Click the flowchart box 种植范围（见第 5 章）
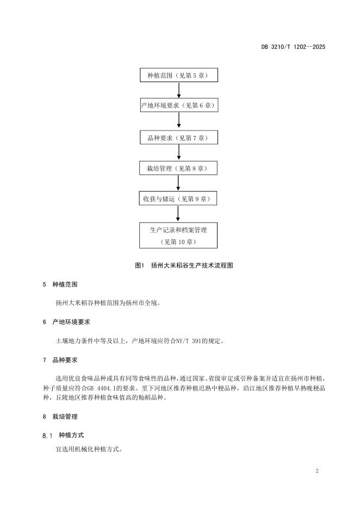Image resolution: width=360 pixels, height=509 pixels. tap(179, 75)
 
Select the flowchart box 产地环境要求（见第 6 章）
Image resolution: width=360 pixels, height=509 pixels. tap(179, 105)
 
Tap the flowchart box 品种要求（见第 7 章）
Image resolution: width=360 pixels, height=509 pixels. tap(179, 138)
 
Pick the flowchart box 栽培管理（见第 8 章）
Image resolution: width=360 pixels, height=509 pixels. tap(178, 168)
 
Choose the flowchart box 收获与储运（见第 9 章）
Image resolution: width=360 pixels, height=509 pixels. tap(178, 198)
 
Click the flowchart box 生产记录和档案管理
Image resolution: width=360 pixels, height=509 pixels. tap(178, 235)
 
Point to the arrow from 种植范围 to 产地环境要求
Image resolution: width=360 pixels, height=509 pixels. tap(179, 90)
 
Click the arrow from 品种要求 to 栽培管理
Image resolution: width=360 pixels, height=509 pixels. tap(179, 153)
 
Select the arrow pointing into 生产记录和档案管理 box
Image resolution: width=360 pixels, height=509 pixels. tap(178, 214)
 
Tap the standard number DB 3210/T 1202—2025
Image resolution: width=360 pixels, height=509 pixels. tap(293, 47)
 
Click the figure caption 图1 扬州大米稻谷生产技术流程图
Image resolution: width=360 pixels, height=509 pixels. tap(184, 265)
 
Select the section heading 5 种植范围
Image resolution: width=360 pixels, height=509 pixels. tap(60, 284)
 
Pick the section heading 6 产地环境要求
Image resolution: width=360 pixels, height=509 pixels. tap(66, 322)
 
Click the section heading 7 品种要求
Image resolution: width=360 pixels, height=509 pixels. tap(60, 360)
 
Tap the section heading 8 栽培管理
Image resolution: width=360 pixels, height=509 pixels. tap(60, 417)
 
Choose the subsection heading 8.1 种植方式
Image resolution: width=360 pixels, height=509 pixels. tap(63, 435)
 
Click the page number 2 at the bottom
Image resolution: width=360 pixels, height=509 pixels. tap(317, 471)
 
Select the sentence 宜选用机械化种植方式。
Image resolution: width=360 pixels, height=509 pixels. tap(89, 450)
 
